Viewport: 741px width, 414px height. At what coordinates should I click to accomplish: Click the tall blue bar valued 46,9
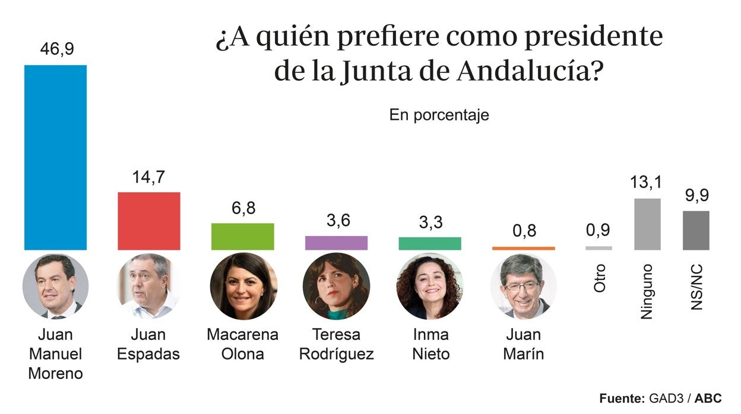point(55,157)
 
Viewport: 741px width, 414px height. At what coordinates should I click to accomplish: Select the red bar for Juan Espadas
point(149,221)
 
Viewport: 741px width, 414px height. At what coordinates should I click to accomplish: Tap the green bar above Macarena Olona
point(242,236)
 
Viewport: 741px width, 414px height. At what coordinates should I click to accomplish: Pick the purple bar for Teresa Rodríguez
point(336,243)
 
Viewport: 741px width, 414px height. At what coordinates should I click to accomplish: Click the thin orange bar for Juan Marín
point(523,248)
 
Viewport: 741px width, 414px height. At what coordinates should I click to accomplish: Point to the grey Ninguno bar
point(647,224)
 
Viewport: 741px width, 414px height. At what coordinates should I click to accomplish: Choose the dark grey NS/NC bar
point(696,230)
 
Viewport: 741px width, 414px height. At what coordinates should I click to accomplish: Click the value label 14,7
point(148,177)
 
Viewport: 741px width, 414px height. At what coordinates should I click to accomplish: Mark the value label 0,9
point(598,230)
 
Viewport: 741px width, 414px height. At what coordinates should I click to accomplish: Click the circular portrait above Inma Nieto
point(429,286)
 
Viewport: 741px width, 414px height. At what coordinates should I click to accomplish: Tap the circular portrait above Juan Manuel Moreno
point(55,286)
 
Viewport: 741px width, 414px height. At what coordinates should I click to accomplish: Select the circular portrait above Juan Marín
point(523,286)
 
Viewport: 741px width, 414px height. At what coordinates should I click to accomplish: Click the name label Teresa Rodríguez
point(336,344)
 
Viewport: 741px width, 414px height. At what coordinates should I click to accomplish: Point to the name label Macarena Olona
point(242,344)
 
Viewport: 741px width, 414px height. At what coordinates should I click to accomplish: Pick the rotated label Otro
point(600,278)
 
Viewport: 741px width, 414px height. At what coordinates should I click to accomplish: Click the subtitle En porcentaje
point(439,114)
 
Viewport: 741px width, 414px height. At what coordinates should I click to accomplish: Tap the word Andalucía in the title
point(530,72)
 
